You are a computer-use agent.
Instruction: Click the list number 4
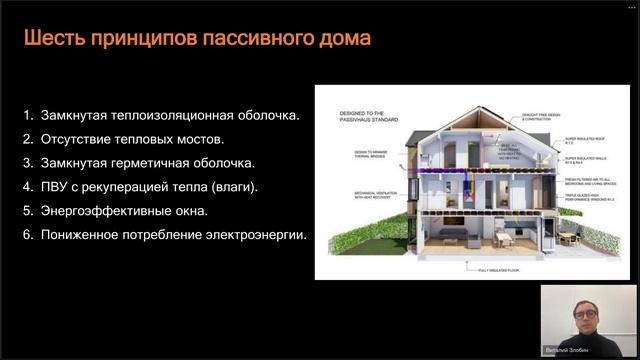coord(28,187)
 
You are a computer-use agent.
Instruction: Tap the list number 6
coord(28,235)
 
